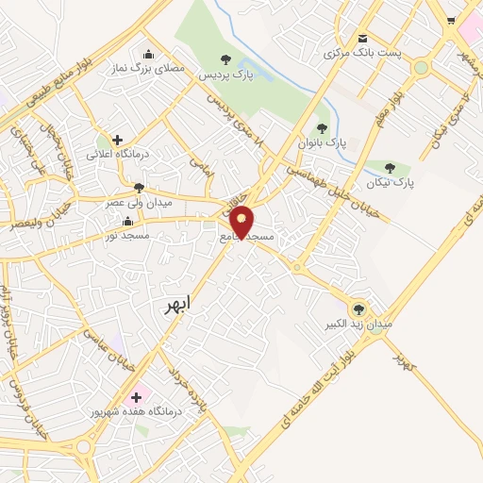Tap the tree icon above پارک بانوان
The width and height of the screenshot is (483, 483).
point(322,128)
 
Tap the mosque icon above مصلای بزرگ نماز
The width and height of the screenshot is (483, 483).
point(147,53)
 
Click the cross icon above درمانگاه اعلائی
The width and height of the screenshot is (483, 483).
point(117,139)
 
